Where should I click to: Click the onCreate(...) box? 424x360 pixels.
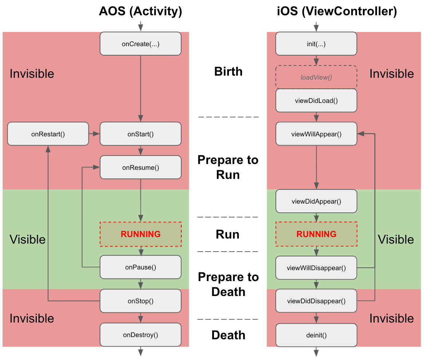tap(140, 44)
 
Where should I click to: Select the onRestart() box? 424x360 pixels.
tap(48, 134)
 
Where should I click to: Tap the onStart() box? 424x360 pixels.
tap(140, 134)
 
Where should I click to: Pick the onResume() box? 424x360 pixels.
tap(140, 168)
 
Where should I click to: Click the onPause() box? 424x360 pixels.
tap(140, 267)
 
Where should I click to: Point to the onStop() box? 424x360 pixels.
tap(140, 301)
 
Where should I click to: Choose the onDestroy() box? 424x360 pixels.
tap(140, 335)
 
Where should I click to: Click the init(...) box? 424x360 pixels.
tap(316, 44)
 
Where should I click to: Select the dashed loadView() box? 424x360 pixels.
tap(316, 77)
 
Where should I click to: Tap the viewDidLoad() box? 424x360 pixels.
tap(316, 100)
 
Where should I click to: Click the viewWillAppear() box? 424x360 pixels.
tap(316, 134)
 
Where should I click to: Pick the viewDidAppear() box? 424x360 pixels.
tap(316, 201)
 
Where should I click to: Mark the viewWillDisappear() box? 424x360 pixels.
tap(316, 268)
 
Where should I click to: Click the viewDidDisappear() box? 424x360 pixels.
tap(316, 301)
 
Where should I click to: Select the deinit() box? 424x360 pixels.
tap(316, 335)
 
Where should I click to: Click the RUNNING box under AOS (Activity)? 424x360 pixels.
tap(140, 234)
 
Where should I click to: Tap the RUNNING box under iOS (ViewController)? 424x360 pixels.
tap(316, 234)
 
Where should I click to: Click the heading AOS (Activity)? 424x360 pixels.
tap(140, 12)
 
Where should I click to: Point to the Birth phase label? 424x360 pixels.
tap(228, 72)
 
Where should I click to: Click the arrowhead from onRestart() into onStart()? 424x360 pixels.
tap(96, 134)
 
